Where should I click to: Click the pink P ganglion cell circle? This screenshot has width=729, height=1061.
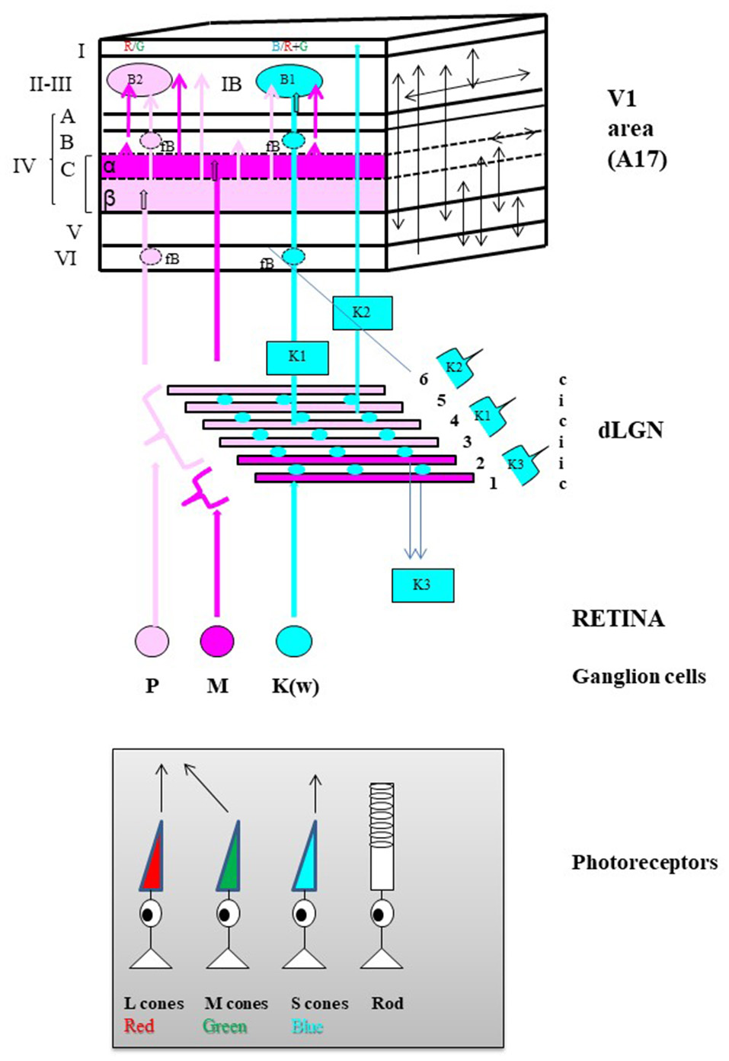[152, 641]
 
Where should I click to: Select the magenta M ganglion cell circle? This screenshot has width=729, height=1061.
[217, 641]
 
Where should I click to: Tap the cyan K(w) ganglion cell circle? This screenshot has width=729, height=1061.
[294, 641]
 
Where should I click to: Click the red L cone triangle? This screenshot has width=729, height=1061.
[153, 859]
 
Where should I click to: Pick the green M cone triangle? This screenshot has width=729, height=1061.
[229, 859]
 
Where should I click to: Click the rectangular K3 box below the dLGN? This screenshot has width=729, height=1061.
[423, 585]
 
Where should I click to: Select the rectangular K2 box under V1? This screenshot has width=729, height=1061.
[362, 313]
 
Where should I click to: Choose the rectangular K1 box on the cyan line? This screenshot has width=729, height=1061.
[297, 357]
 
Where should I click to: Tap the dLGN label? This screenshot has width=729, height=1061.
[630, 430]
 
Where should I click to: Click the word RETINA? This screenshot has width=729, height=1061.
[618, 618]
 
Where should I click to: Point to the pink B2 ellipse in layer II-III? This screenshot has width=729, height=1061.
[138, 80]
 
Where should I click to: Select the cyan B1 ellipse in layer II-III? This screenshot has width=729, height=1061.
[289, 80]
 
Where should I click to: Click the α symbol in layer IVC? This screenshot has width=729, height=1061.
[110, 166]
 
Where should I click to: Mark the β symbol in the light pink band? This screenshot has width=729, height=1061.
[110, 199]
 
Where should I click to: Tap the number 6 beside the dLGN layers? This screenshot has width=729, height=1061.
[424, 379]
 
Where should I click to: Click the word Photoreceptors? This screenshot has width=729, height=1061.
[644, 862]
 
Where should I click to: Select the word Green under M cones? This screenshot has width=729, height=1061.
[225, 1027]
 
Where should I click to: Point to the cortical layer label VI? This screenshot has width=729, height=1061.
[66, 258]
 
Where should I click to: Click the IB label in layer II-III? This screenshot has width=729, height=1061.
[231, 84]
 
